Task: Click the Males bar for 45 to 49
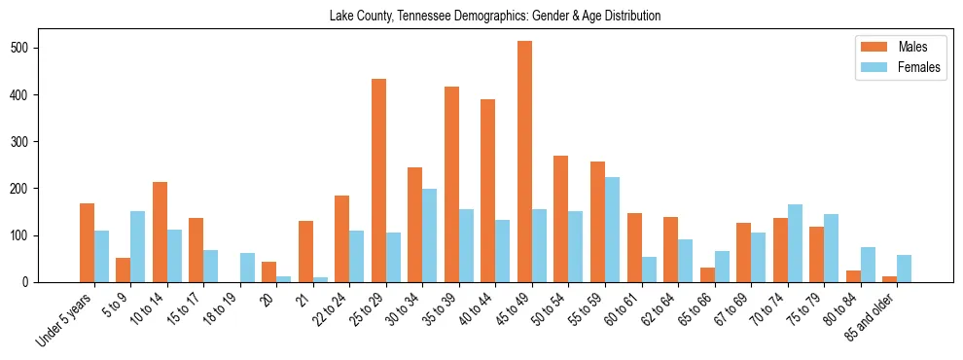click(x=524, y=162)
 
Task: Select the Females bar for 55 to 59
click(x=612, y=230)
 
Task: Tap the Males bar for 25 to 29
click(x=378, y=181)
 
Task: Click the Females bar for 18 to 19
click(x=247, y=268)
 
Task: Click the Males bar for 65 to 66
click(x=707, y=274)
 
